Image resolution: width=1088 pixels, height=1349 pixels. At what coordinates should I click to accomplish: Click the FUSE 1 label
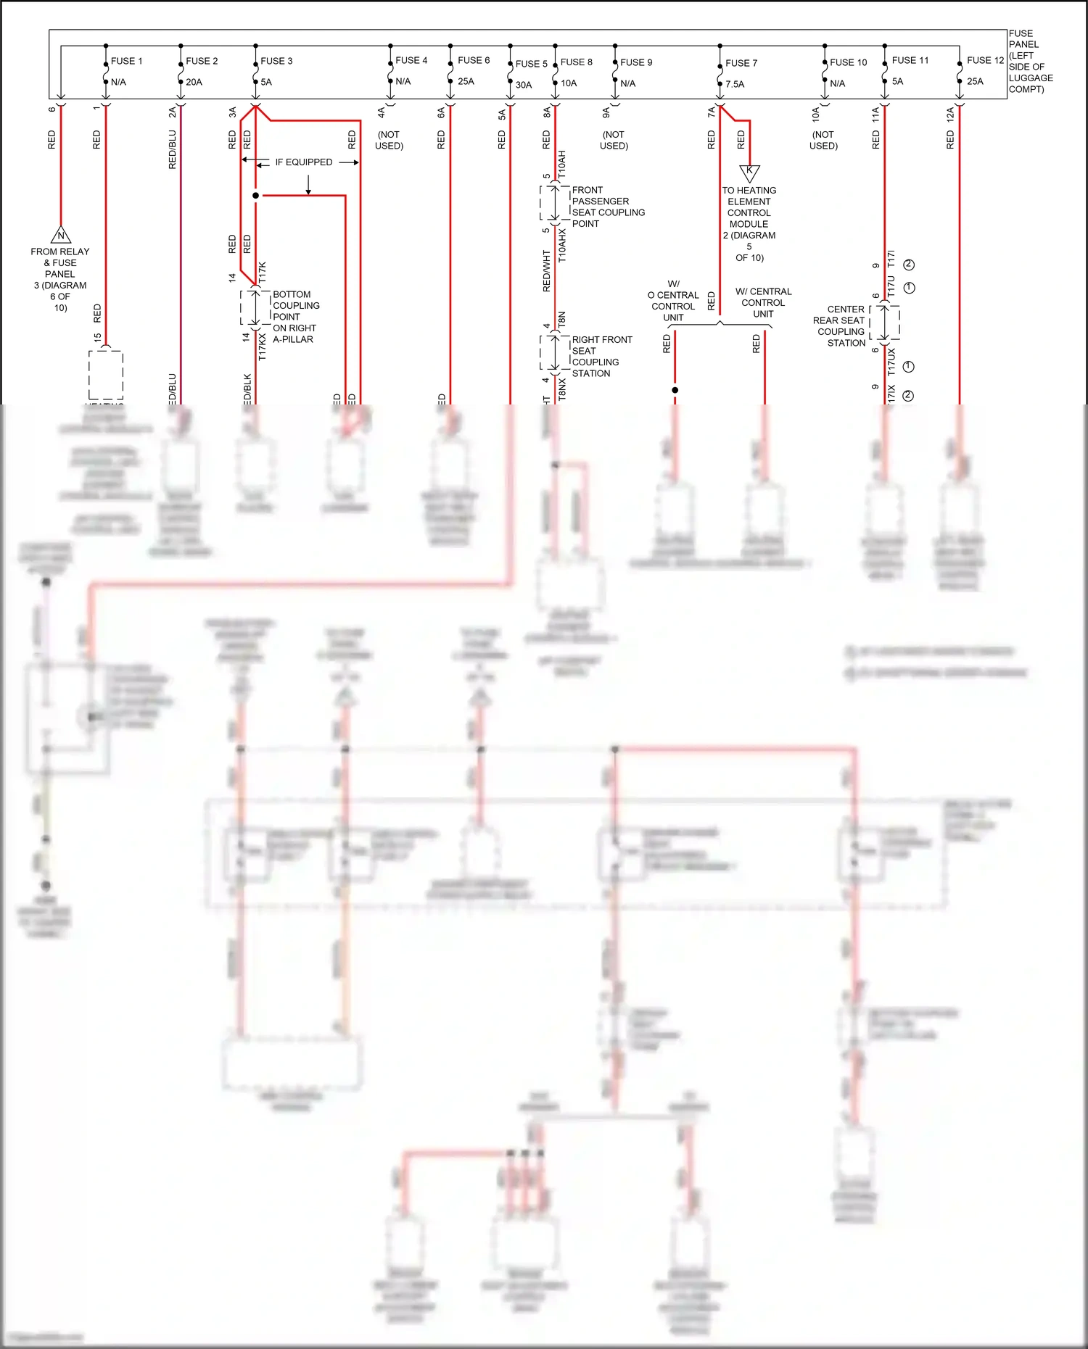pyautogui.click(x=126, y=61)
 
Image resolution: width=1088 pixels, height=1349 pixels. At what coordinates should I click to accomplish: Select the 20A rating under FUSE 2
pyautogui.click(x=194, y=82)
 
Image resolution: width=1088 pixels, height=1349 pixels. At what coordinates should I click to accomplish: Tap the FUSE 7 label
pyautogui.click(x=741, y=63)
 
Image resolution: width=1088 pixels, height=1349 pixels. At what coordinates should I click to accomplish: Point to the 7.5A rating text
pyautogui.click(x=735, y=84)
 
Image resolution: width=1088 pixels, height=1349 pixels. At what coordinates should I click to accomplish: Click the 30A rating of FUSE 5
pyautogui.click(x=523, y=85)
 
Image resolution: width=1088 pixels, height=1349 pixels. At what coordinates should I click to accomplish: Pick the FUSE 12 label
pyautogui.click(x=985, y=60)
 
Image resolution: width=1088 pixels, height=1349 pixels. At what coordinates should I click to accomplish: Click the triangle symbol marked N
pyautogui.click(x=61, y=235)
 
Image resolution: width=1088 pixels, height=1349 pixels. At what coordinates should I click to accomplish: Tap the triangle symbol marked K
pyautogui.click(x=749, y=172)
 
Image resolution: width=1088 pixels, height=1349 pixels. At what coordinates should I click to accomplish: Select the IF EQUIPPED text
pyautogui.click(x=303, y=162)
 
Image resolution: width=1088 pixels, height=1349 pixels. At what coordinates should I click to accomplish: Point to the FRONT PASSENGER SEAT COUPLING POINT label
pyautogui.click(x=607, y=207)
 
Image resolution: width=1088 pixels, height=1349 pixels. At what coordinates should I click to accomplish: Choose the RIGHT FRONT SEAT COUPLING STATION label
pyautogui.click(x=601, y=356)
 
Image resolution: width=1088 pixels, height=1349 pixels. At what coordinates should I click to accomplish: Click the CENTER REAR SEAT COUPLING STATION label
pyautogui.click(x=839, y=325)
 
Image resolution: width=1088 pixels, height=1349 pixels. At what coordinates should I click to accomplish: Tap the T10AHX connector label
pyautogui.click(x=562, y=245)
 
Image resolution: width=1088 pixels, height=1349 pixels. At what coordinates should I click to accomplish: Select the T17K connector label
pyautogui.click(x=263, y=272)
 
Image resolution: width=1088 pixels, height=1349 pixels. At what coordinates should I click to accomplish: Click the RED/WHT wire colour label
pyautogui.click(x=546, y=272)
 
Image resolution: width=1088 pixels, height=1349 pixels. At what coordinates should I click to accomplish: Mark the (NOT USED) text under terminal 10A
pyautogui.click(x=823, y=140)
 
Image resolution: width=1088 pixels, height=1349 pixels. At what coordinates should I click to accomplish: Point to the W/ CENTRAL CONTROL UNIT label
pyautogui.click(x=763, y=302)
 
